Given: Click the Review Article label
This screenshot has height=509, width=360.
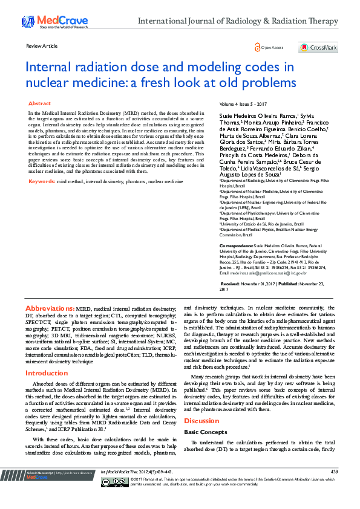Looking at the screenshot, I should click(x=42, y=46).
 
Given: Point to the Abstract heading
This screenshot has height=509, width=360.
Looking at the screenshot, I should click(x=39, y=104).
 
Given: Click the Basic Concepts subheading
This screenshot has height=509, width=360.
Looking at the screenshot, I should click(x=202, y=433).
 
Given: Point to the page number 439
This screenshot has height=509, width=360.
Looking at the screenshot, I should click(x=334, y=488).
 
